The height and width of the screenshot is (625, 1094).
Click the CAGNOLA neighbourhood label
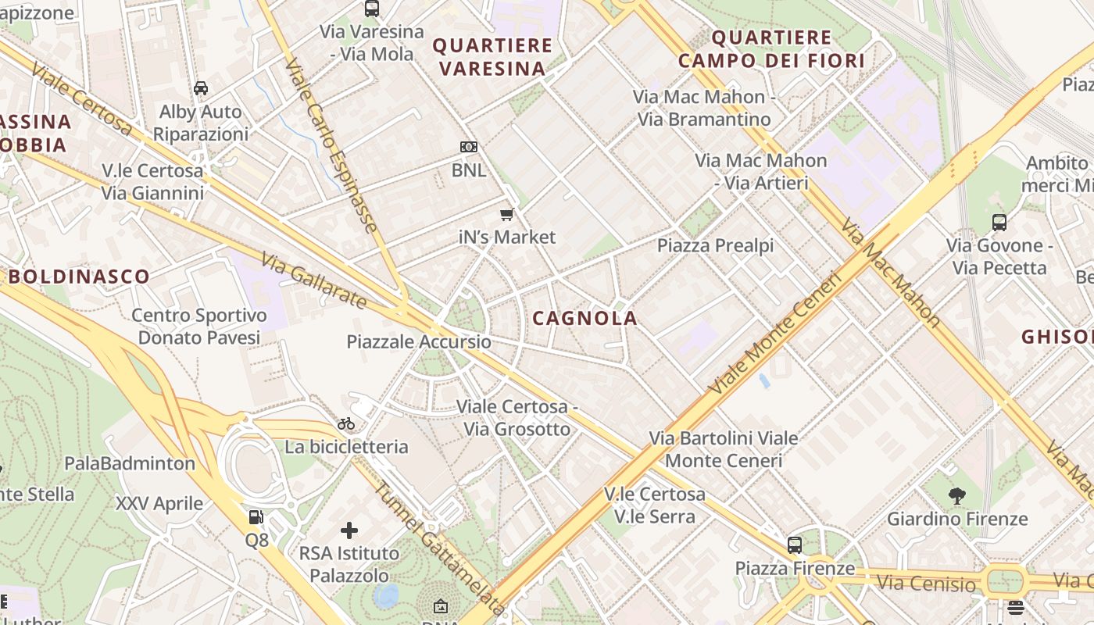(x=585, y=318)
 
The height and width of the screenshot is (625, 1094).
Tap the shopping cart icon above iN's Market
(x=507, y=215)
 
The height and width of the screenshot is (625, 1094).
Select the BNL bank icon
(x=468, y=147)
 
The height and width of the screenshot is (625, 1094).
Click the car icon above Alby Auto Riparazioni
(x=201, y=88)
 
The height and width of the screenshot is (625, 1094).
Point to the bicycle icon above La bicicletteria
(x=346, y=424)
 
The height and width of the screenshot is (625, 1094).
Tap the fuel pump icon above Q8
(x=256, y=517)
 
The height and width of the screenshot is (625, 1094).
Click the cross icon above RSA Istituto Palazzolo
(x=349, y=531)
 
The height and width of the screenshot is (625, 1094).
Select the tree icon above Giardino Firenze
(x=956, y=495)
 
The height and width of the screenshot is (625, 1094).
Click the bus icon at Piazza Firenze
(x=795, y=545)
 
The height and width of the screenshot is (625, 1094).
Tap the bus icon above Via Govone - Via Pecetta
(x=999, y=223)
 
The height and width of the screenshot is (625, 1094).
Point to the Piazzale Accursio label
(x=419, y=342)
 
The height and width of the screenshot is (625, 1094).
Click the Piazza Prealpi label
(x=715, y=245)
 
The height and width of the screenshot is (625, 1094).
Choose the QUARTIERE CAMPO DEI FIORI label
(x=771, y=48)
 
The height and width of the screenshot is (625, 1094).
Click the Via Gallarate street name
(x=313, y=280)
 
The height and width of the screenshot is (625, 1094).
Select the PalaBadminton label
(x=130, y=463)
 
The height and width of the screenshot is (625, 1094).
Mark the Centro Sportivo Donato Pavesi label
(x=199, y=327)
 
